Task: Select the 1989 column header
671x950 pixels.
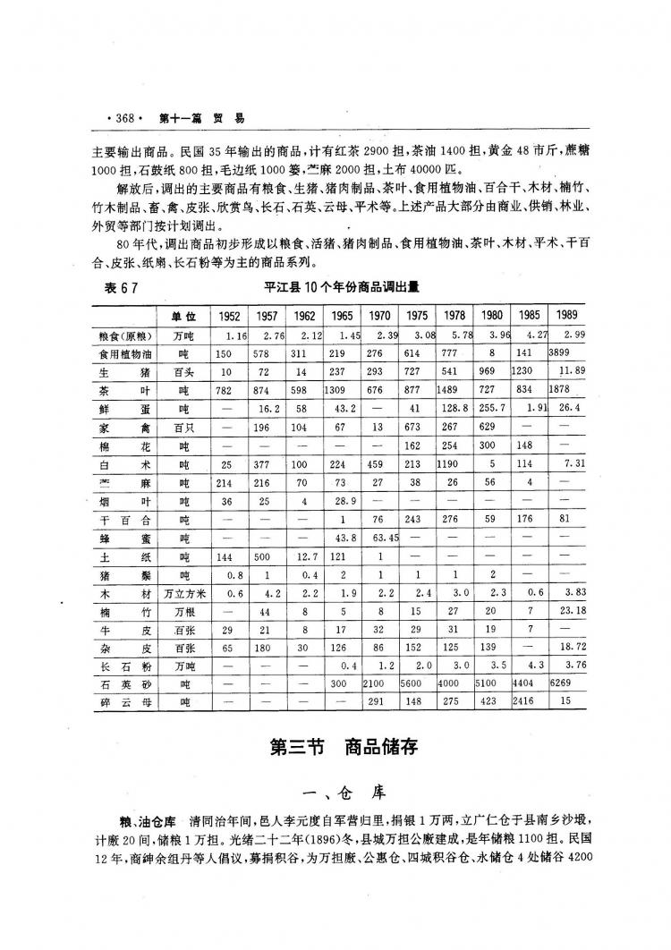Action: [566, 316]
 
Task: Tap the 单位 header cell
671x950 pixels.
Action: [183, 316]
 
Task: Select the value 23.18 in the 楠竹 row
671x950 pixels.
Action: [569, 611]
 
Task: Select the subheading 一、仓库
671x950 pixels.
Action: [344, 790]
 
